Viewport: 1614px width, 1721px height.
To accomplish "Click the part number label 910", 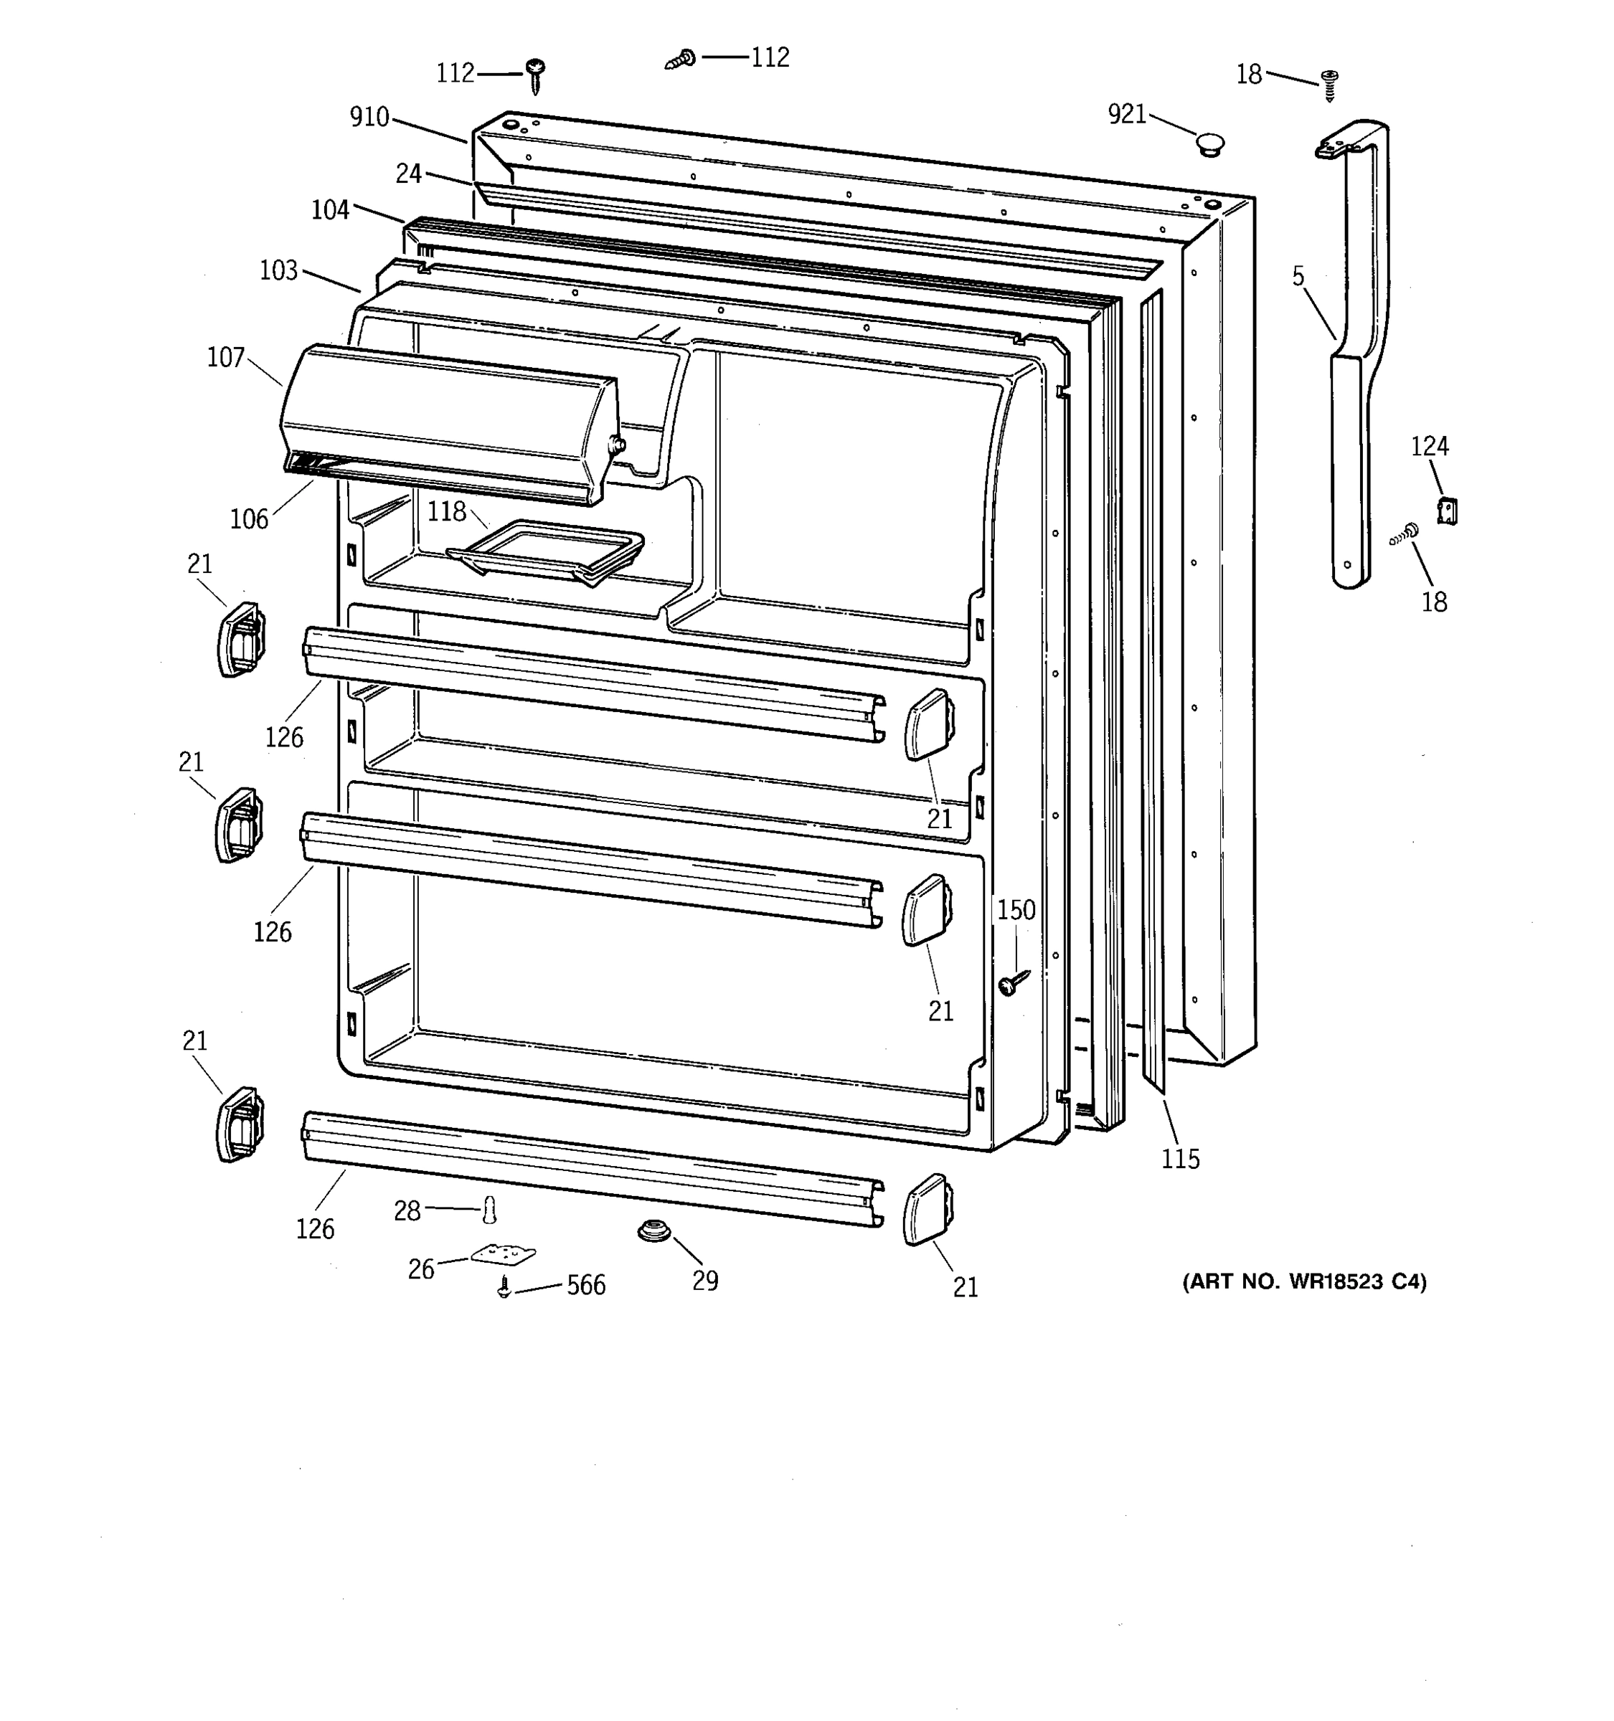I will pyautogui.click(x=369, y=117).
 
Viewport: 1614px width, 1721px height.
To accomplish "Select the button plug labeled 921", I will pyautogui.click(x=1209, y=143).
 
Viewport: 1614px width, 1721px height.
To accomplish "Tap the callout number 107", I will pyautogui.click(x=226, y=358).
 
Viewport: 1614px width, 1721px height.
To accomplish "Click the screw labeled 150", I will pyautogui.click(x=1012, y=982).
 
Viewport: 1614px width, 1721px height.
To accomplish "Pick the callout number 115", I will pyautogui.click(x=1180, y=1159).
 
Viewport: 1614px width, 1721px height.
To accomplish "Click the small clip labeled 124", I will pyautogui.click(x=1446, y=511).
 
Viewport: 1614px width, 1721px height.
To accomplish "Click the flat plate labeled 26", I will pyautogui.click(x=503, y=1254).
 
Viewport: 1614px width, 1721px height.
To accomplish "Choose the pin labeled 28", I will pyautogui.click(x=490, y=1210).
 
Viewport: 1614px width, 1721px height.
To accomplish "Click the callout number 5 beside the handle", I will pyautogui.click(x=1298, y=276).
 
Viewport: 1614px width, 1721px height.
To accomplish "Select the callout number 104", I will pyautogui.click(x=330, y=209).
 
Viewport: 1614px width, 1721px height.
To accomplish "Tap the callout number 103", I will pyautogui.click(x=279, y=271).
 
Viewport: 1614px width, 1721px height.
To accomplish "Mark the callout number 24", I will pyautogui.click(x=409, y=174).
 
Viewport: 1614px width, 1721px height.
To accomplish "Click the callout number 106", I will pyautogui.click(x=250, y=518).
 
